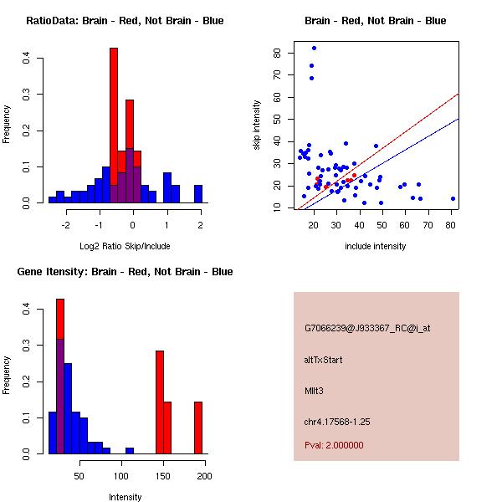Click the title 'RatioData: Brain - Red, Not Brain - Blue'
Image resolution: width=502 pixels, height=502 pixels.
tap(125, 21)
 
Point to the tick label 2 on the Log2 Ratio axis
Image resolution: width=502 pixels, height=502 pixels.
tap(200, 224)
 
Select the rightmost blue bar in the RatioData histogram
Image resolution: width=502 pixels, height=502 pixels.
tap(198, 194)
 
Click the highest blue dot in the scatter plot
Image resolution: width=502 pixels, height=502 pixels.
tap(314, 48)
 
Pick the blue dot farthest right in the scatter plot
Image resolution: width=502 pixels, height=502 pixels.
tap(453, 198)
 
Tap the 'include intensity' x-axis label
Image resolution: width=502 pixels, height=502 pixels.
tap(376, 247)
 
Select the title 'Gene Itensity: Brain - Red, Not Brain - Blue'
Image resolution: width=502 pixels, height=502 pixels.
tap(125, 272)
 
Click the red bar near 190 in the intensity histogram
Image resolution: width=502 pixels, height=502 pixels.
tap(198, 428)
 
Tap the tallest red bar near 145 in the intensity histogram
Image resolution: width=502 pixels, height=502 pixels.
tap(160, 402)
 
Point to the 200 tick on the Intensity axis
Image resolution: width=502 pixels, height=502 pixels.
tap(204, 475)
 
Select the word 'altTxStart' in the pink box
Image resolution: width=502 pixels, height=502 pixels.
tap(324, 360)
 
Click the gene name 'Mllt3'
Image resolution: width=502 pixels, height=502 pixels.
tap(315, 390)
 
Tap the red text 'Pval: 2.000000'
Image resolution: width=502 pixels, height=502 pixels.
tap(334, 445)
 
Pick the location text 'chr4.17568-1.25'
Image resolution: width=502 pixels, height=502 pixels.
tap(336, 421)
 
